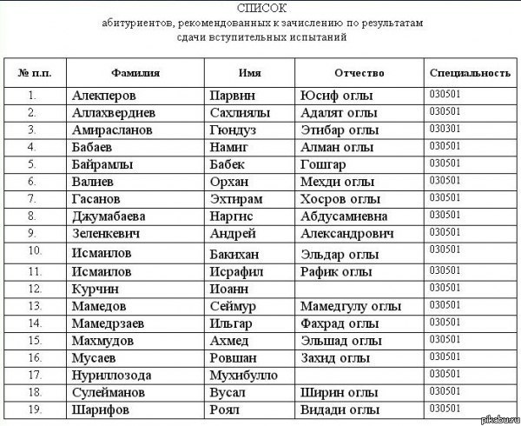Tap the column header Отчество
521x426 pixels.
(x=359, y=71)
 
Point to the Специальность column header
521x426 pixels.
(x=469, y=71)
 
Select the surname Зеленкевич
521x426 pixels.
(x=115, y=233)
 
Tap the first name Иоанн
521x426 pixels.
(x=229, y=288)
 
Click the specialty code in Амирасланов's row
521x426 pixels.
(x=445, y=128)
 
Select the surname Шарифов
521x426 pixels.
(x=103, y=409)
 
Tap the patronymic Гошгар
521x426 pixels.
(x=323, y=163)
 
